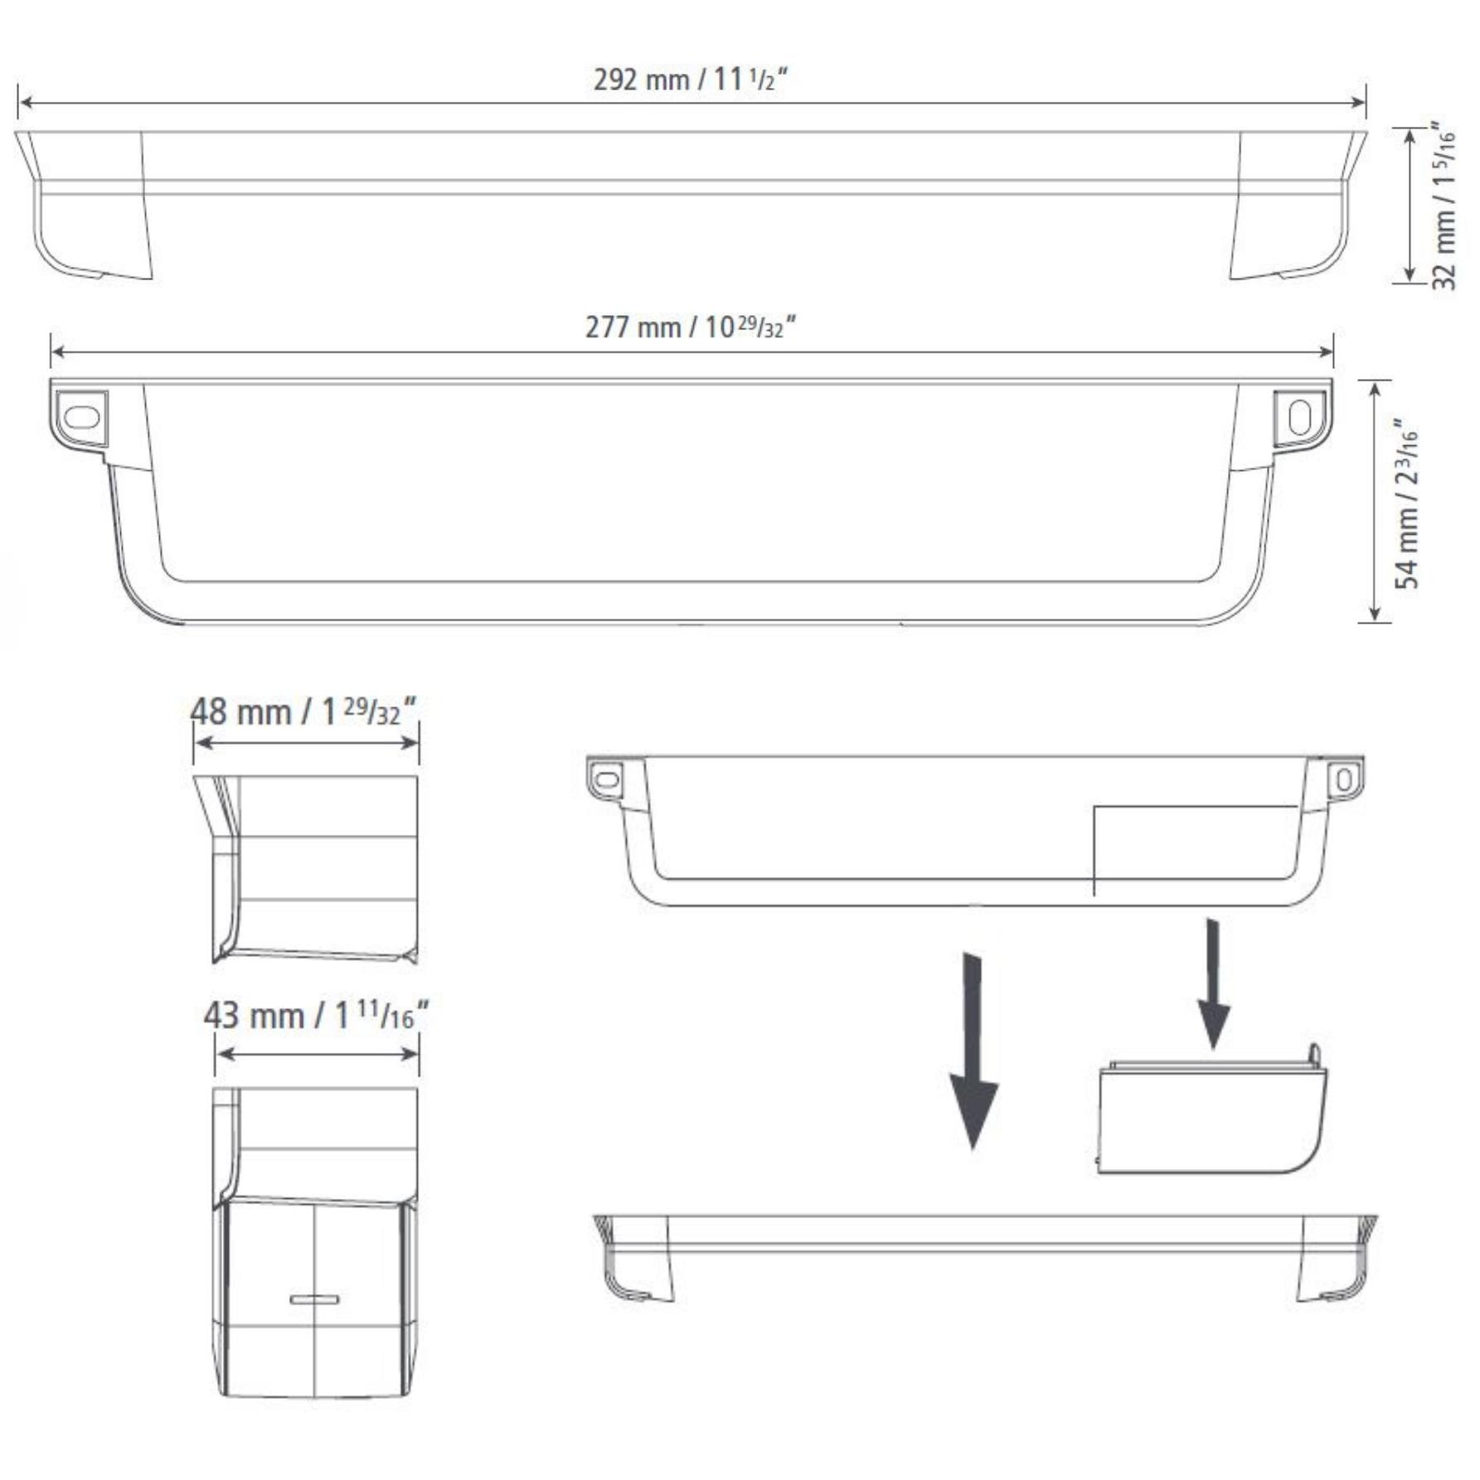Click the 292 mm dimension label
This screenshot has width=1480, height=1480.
point(690,80)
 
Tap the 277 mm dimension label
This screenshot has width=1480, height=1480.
point(690,327)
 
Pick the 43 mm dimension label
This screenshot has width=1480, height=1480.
point(316,1015)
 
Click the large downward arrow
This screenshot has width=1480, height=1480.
point(973,1051)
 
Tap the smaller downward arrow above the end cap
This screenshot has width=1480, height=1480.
point(1214,983)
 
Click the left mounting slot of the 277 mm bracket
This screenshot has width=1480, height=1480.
point(81,417)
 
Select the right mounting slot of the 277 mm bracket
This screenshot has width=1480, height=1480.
point(1299,418)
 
